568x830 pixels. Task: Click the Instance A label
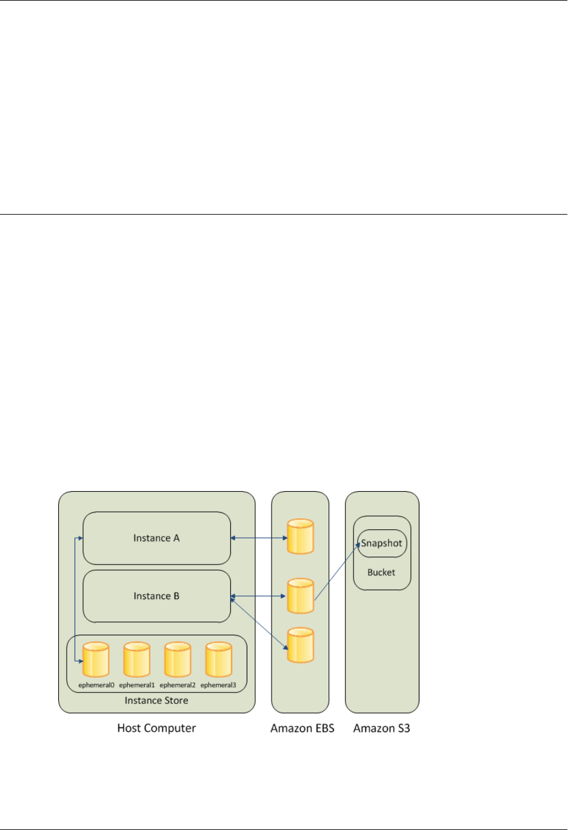156,538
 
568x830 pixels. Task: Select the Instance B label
156,596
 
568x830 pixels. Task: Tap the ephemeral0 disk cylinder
96,660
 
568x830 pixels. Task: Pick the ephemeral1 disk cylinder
136,660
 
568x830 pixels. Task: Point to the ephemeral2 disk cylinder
178,660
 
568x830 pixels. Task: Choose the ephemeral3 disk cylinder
218,660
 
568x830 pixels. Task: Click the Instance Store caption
156,700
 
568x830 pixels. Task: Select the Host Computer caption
156,728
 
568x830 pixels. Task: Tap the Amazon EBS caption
302,728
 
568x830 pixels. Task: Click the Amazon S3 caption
381,728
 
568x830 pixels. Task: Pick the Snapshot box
382,543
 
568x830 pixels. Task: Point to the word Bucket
381,572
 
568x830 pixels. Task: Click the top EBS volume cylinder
300,537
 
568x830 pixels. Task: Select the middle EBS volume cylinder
300,596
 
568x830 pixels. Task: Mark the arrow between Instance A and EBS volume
259,538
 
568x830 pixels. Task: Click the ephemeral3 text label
218,685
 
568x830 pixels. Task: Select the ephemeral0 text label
96,685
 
